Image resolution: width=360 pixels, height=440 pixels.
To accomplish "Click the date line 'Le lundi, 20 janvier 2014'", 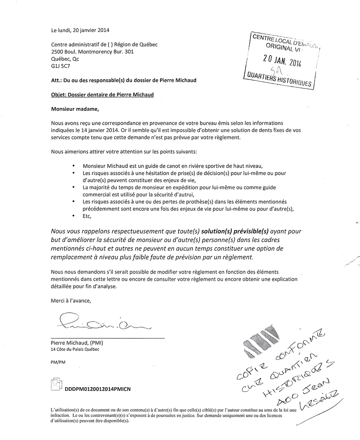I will click(80, 30).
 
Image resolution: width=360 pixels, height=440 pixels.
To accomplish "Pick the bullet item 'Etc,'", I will click(87, 216).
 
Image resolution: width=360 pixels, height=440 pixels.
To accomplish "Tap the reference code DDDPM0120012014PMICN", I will click(95, 389).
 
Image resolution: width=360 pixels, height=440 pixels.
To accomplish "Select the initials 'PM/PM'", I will click(58, 362).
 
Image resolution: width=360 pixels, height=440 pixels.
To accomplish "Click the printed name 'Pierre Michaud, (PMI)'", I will click(77, 343).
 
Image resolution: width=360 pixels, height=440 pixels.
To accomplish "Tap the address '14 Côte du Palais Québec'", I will click(75, 349).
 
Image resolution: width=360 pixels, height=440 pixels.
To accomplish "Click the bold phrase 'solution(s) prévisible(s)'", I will click(235, 232).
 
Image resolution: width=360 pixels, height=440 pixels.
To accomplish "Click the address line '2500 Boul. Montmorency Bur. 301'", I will click(92, 52).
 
